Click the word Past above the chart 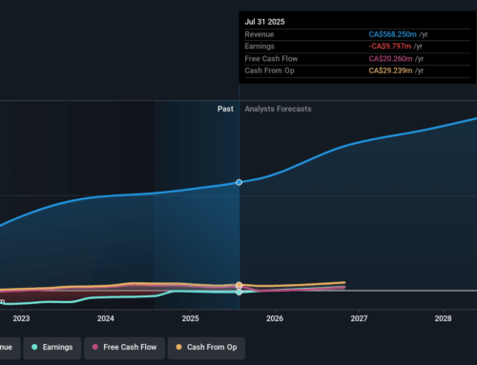coord(225,109)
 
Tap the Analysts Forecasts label coord(278,109)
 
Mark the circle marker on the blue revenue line coord(238,181)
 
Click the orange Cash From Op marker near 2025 coord(238,285)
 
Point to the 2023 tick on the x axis coord(21,318)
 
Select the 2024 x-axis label coord(105,318)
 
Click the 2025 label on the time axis coord(190,318)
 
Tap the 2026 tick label coord(274,318)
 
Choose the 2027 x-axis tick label coord(359,318)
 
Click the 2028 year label coord(443,318)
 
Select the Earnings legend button coord(53,348)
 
